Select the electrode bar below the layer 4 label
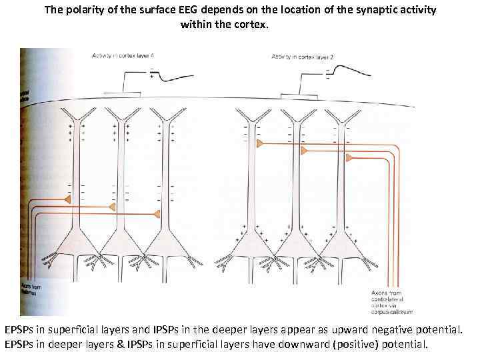tap(122, 93)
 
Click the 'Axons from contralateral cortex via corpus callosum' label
tap(391, 302)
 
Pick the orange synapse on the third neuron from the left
tap(157, 213)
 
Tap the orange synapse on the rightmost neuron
tap(349, 157)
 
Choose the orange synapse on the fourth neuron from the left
tap(260, 143)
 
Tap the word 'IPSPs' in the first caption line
tap(166, 329)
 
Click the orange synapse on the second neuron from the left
tap(112, 207)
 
